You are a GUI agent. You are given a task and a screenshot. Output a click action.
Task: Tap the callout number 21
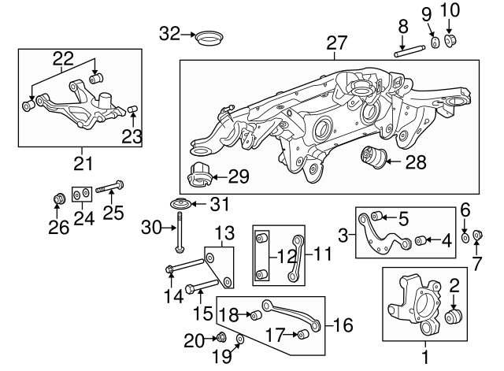click(x=83, y=164)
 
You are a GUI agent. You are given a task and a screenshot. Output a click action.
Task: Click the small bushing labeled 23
click(x=133, y=108)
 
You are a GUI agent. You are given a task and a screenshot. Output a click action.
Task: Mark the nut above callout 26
click(x=57, y=196)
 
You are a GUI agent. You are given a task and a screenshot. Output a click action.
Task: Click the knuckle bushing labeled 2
click(x=453, y=317)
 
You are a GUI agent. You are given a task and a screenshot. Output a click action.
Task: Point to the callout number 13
click(x=225, y=233)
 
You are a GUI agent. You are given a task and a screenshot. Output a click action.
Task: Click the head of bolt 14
click(x=172, y=273)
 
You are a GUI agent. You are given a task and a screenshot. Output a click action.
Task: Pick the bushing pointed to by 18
click(x=254, y=316)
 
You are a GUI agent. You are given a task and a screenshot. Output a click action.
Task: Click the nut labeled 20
click(x=222, y=339)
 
